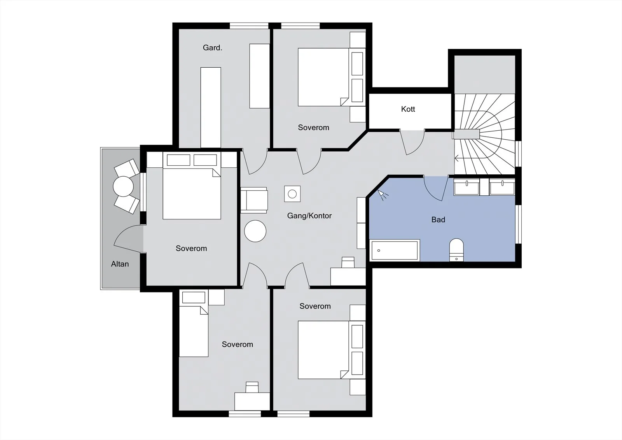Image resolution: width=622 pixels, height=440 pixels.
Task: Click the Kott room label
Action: (x=408, y=109)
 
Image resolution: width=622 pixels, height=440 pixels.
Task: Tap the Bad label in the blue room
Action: (x=438, y=219)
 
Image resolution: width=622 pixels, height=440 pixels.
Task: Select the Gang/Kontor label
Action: (x=309, y=216)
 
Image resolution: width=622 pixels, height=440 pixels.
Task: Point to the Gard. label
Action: (x=212, y=48)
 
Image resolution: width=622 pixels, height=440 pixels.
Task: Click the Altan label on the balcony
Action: (x=120, y=264)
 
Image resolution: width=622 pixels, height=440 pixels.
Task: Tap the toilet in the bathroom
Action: (x=456, y=250)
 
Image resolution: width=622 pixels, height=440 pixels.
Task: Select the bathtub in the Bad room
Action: (x=395, y=250)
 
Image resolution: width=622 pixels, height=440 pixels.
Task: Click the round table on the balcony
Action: (x=123, y=186)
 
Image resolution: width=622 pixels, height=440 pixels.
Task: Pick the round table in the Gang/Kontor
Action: (x=255, y=231)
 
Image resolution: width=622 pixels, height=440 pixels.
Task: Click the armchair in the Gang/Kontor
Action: (x=254, y=200)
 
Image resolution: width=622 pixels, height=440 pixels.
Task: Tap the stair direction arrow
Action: (x=456, y=159)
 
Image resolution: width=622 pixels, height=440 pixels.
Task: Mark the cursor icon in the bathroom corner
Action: (x=383, y=194)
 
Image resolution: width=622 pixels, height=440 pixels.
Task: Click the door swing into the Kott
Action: (x=412, y=142)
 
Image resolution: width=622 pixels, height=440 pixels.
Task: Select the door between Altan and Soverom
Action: (x=129, y=238)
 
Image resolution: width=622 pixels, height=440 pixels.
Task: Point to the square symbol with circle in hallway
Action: (x=292, y=194)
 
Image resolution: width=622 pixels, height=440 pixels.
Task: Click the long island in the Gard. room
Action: (x=211, y=107)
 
